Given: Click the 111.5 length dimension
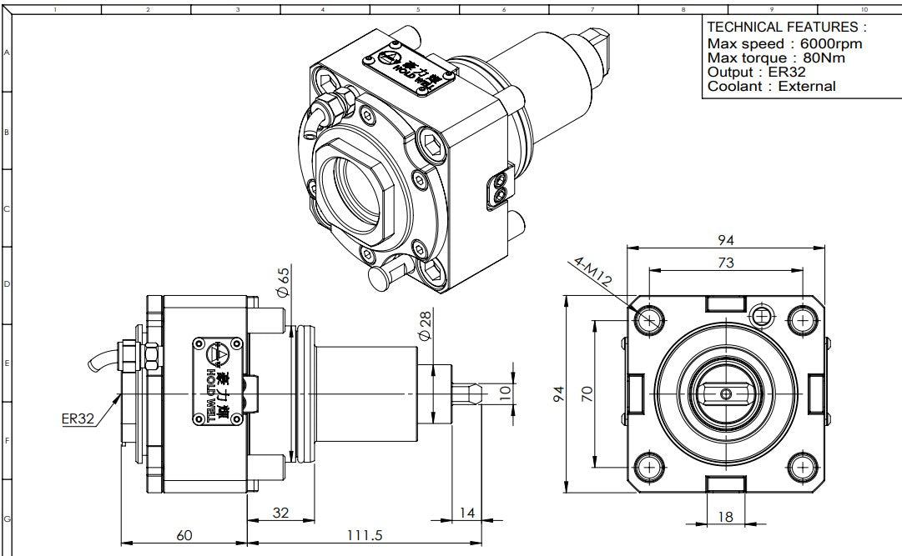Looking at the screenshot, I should (366, 534).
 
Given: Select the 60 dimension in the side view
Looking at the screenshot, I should (184, 534).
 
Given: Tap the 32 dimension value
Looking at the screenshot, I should (280, 513).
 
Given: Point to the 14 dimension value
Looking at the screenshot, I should (467, 513).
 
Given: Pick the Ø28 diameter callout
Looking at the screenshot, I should (424, 324).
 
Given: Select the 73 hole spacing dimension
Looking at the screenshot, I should (726, 263).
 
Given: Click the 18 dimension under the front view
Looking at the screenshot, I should (725, 517).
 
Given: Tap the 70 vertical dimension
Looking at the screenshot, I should (587, 392).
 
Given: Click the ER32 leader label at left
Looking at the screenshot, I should (78, 418).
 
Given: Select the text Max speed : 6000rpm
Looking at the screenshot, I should (784, 43).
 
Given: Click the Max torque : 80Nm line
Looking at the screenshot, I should (776, 58).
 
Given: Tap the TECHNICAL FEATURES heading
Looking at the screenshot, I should (786, 28).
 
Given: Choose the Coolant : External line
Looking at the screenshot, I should (771, 86).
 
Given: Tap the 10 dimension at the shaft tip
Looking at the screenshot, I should (504, 393).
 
